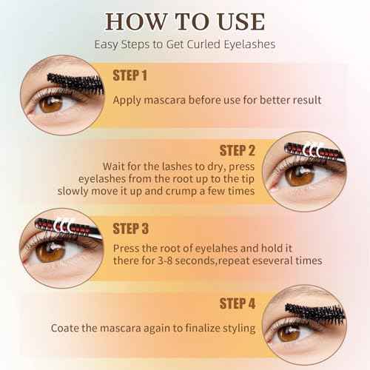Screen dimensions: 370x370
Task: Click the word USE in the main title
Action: coord(241,21)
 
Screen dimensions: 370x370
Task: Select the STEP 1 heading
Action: coord(130,75)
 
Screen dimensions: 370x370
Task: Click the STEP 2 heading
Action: coord(237,150)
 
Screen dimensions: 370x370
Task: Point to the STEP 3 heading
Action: coord(131,229)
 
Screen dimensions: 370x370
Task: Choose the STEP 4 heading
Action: coord(238,303)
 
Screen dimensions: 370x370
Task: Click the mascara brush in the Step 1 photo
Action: coord(75,84)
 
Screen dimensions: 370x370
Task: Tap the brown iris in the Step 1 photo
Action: coord(51,104)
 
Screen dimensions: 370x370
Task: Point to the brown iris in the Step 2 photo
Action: coord(300,175)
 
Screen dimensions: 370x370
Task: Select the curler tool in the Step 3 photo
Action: coord(68,228)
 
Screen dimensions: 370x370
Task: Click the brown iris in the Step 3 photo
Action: coord(50,252)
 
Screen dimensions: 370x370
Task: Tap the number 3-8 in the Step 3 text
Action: coord(164,260)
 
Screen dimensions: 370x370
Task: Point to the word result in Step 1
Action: coord(307,100)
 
